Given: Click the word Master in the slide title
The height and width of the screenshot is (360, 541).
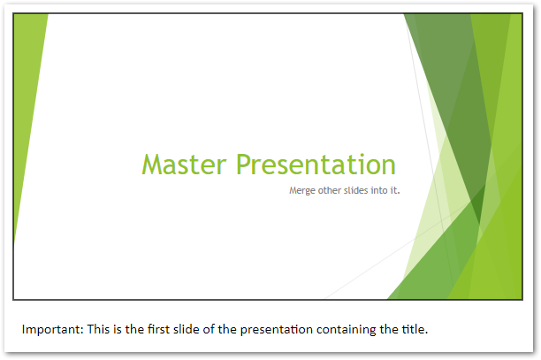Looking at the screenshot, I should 185,165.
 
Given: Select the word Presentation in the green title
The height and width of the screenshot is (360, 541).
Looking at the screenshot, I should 316,165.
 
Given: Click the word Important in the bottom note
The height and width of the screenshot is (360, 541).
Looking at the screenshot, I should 52,330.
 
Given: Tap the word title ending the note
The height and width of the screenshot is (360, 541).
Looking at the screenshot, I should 414,330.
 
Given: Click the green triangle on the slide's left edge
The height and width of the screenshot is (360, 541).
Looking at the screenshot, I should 27,97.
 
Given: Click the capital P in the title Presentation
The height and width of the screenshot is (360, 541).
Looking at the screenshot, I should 242,165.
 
